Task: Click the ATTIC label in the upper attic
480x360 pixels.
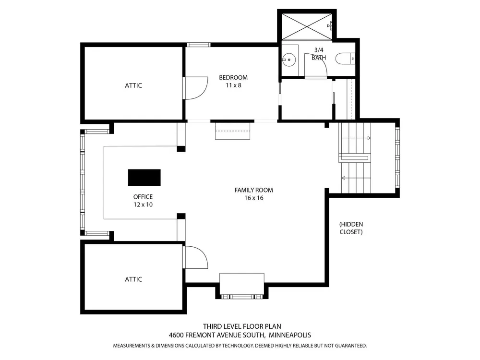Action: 133,85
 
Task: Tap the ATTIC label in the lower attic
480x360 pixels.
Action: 133,279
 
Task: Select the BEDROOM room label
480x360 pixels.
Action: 233,77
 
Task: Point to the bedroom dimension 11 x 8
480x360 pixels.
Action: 233,85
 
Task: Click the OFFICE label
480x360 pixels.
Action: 143,197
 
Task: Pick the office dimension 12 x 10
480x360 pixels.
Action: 143,204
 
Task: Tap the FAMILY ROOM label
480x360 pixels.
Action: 254,190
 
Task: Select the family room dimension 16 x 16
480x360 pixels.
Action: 254,198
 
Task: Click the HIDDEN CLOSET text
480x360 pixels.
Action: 351,228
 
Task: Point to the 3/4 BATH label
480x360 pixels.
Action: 319,54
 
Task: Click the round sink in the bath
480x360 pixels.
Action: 288,60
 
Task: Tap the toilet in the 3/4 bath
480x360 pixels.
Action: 345,59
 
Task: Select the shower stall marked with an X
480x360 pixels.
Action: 307,26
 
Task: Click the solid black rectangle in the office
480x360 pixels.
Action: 144,178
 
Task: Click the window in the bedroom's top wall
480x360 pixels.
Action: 199,45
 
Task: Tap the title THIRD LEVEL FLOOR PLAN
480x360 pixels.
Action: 242,326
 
